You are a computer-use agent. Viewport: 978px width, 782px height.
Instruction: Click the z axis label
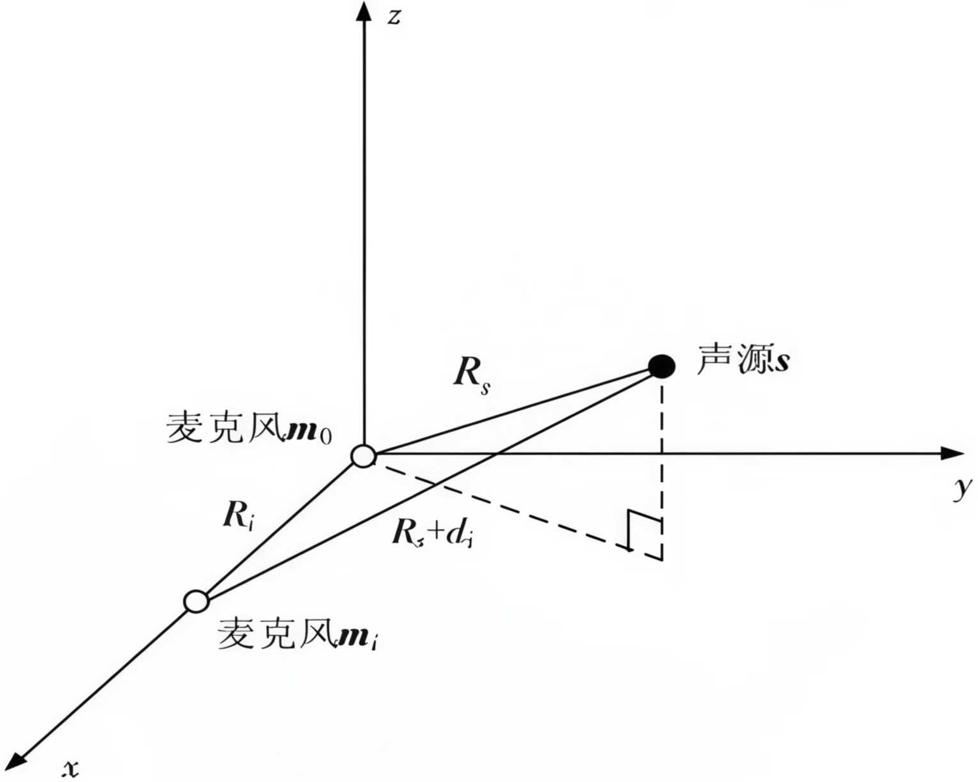[x=394, y=16]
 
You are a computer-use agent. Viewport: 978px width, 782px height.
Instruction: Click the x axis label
[x=71, y=767]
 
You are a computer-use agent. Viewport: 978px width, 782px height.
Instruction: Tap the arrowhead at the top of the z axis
[x=364, y=11]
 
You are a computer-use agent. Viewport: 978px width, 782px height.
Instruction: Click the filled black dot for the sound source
[x=661, y=366]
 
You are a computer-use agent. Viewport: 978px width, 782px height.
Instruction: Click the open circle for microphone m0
[x=364, y=457]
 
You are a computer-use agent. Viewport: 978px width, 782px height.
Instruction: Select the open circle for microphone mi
[x=196, y=602]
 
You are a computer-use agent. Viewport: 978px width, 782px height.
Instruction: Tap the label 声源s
[x=743, y=359]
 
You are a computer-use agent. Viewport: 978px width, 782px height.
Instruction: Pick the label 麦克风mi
[x=297, y=634]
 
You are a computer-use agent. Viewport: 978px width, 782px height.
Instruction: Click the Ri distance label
[x=238, y=515]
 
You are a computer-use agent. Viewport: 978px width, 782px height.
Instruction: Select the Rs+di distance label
[x=433, y=533]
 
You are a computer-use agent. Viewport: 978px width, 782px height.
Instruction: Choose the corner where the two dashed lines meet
[x=662, y=560]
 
